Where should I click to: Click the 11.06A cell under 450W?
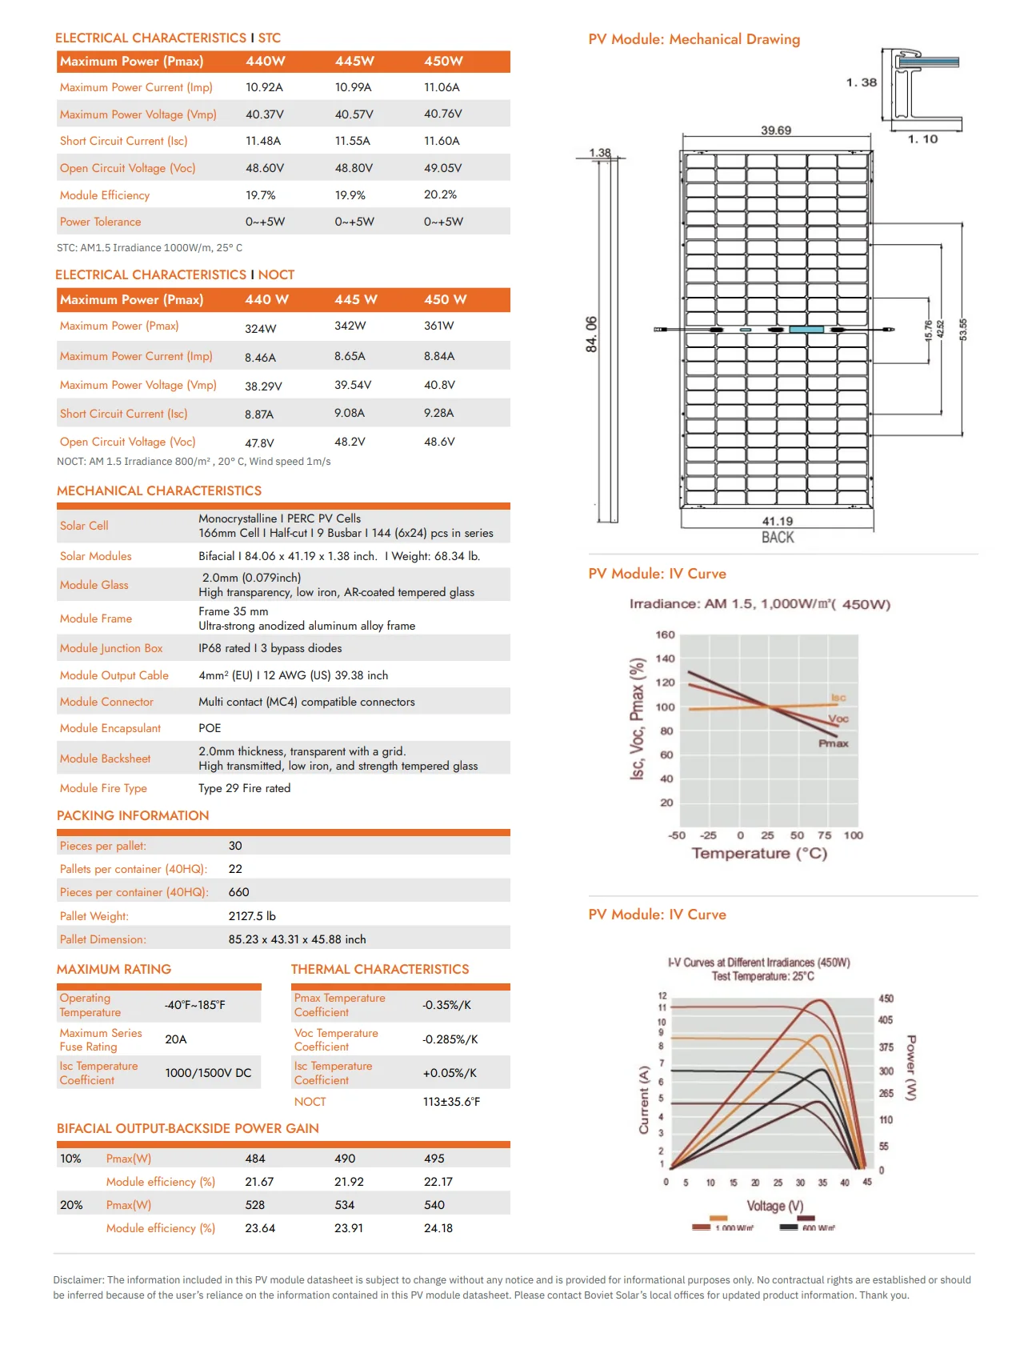coord(442,87)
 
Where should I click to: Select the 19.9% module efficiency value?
coord(350,195)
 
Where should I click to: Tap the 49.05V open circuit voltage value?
coord(442,168)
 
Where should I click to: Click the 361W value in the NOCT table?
coord(438,326)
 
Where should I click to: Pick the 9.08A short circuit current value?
coord(350,413)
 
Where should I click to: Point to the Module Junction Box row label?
coord(111,648)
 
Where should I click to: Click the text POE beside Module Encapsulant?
coord(210,728)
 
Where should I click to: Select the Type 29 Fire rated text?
coord(244,788)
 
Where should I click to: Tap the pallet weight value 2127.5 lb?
coord(252,916)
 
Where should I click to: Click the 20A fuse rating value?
coord(176,1039)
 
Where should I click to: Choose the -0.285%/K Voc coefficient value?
coord(450,1039)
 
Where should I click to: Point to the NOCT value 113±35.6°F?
coord(451,1102)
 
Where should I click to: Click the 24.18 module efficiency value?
coord(438,1228)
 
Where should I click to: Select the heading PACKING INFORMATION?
coord(133,815)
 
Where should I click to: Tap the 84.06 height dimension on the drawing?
coord(591,334)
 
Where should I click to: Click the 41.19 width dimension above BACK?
coord(777,521)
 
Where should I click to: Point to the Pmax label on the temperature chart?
coord(833,743)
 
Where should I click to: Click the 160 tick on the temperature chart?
coord(665,634)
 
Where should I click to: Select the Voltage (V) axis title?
coord(774,1206)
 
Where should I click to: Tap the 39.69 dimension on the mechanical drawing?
coord(775,130)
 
